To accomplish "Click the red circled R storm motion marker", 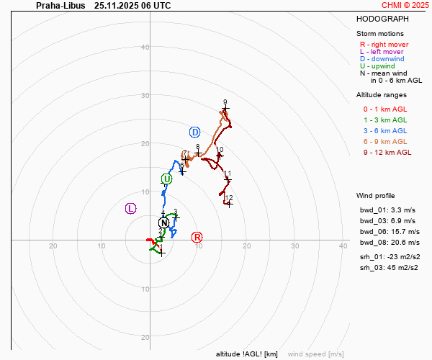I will [x=197, y=237].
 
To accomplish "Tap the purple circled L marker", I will [x=130, y=208].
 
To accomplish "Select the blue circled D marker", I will [x=194, y=132].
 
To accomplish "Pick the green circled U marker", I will [x=167, y=179].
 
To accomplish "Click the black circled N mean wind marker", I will [x=163, y=223].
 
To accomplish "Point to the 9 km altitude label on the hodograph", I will [x=225, y=102].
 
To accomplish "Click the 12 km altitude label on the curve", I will [x=229, y=198].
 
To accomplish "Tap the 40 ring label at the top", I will [x=145, y=48].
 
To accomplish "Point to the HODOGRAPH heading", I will [x=382, y=19].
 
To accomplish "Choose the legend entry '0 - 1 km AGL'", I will [x=385, y=109].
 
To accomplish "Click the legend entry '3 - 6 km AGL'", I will [x=385, y=130].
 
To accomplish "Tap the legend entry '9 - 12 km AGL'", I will [x=387, y=152].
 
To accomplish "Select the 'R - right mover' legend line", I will [x=384, y=44].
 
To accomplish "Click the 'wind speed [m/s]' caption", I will [x=315, y=354].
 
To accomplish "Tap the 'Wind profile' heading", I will [x=375, y=195].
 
